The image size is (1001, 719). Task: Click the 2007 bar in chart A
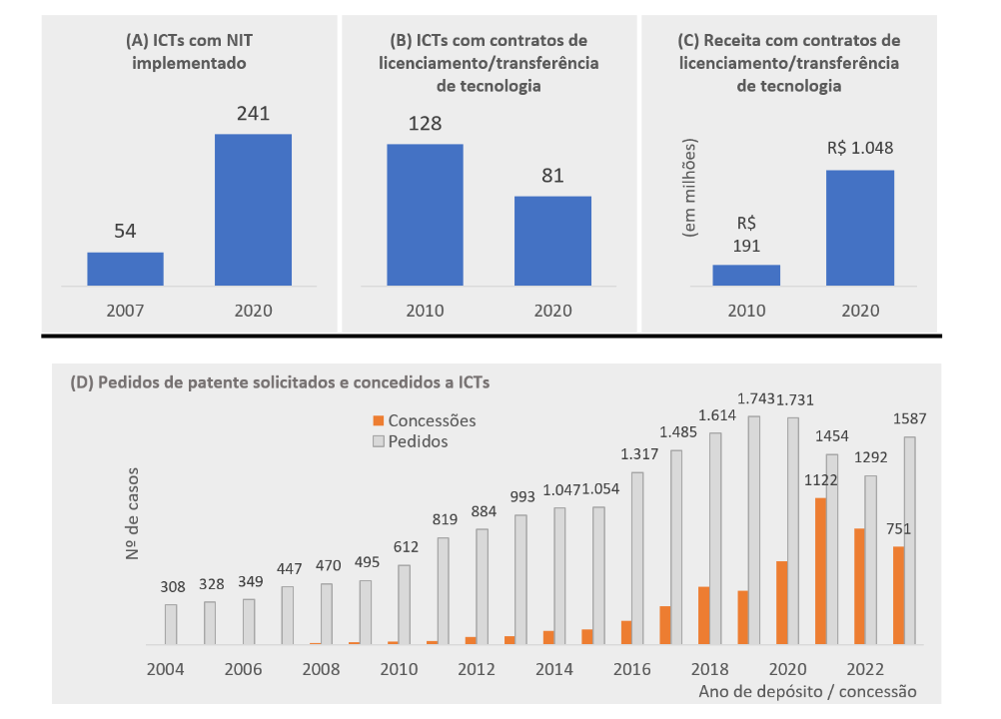125,269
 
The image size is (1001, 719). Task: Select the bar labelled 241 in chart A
254,210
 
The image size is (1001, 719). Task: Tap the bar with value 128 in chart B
425,215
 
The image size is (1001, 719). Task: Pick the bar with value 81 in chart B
552,241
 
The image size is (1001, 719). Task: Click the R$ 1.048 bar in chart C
860,228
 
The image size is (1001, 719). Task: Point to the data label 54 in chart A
125,232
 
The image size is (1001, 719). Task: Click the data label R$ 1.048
860,149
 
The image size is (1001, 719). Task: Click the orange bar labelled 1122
820,571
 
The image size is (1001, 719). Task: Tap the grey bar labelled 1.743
754,530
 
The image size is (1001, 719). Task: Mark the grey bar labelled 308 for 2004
171,624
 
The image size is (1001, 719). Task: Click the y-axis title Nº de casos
135,512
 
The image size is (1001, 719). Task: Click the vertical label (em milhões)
689,188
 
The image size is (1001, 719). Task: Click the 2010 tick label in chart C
745,310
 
